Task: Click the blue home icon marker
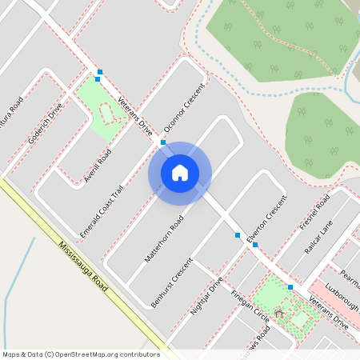coord(180,173)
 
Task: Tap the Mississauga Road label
coord(86,268)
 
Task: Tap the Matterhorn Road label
coord(164,238)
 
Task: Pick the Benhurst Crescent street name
coord(172,282)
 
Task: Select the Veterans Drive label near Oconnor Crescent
coord(134,114)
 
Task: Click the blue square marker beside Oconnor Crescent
coord(163,142)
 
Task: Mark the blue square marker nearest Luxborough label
coord(290,286)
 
